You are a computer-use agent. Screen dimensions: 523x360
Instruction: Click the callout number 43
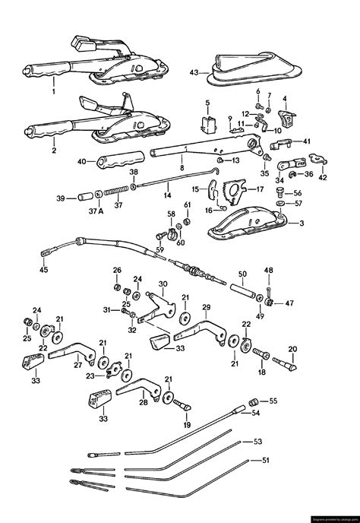click(194, 73)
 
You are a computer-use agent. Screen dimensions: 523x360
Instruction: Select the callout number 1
click(54, 91)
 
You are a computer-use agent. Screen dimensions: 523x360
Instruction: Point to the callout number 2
click(54, 151)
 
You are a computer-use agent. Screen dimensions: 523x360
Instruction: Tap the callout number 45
click(43, 268)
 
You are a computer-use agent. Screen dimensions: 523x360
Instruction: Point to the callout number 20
click(293, 349)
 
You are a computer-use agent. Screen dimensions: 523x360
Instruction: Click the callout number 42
click(323, 178)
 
